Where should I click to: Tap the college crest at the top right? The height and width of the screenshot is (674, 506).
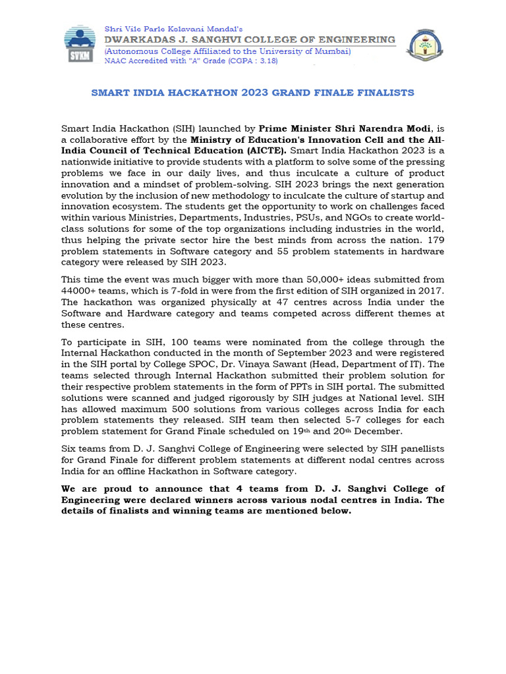click(425, 45)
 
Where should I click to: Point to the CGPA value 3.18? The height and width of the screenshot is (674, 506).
click(266, 61)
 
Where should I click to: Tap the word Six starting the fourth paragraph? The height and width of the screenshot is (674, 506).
click(69, 448)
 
